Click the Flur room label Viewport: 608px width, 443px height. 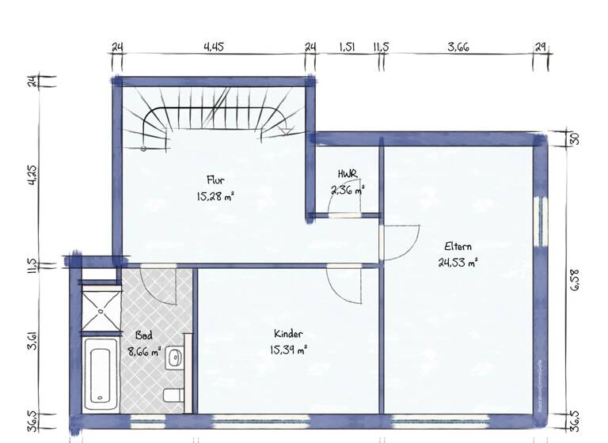(x=215, y=180)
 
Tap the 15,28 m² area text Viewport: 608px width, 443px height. (x=215, y=195)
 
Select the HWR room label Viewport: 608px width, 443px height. (x=347, y=174)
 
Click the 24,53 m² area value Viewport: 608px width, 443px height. (x=458, y=262)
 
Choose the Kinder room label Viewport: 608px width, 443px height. (x=288, y=334)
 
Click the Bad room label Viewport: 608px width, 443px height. (x=144, y=335)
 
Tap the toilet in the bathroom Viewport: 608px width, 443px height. (x=173, y=395)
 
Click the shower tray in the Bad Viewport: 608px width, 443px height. (x=101, y=309)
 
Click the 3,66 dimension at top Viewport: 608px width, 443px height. (x=458, y=47)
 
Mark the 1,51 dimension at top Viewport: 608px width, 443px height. (x=346, y=47)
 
